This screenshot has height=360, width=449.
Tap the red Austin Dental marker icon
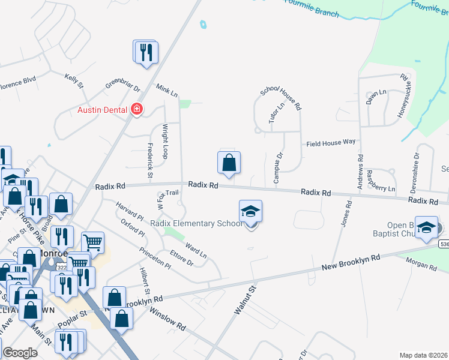137,109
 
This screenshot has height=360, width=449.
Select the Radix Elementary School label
196,224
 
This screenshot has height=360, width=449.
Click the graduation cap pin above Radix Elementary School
251,211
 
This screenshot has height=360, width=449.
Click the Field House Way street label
331,143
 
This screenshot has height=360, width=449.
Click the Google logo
20,353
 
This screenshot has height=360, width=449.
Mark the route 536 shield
444,244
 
